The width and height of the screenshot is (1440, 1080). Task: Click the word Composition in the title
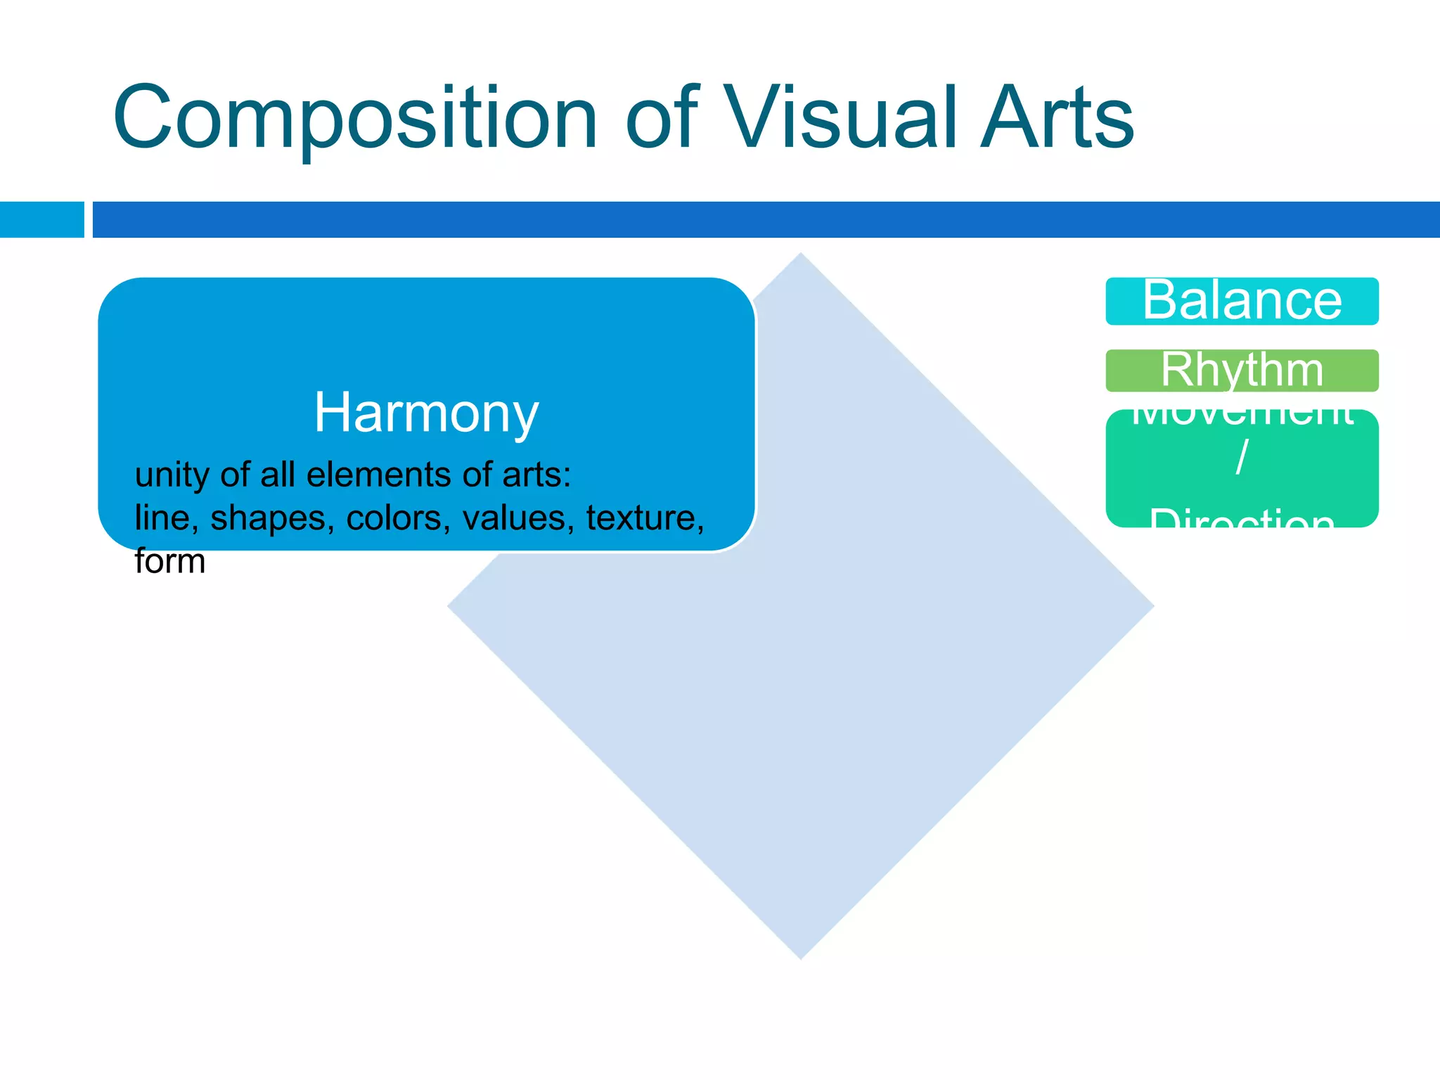[x=355, y=118]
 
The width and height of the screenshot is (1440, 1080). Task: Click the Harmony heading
[x=426, y=412]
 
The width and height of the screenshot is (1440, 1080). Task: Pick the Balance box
[x=1242, y=301]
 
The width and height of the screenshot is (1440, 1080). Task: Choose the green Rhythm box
[x=1242, y=371]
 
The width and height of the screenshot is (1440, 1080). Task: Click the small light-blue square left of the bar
[x=41, y=219]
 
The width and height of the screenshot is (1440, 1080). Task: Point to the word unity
[x=172, y=475]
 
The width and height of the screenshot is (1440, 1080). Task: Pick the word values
[x=518, y=518]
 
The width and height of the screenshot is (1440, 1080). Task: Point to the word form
[x=169, y=561]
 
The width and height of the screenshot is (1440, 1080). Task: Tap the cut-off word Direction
[x=1242, y=519]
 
